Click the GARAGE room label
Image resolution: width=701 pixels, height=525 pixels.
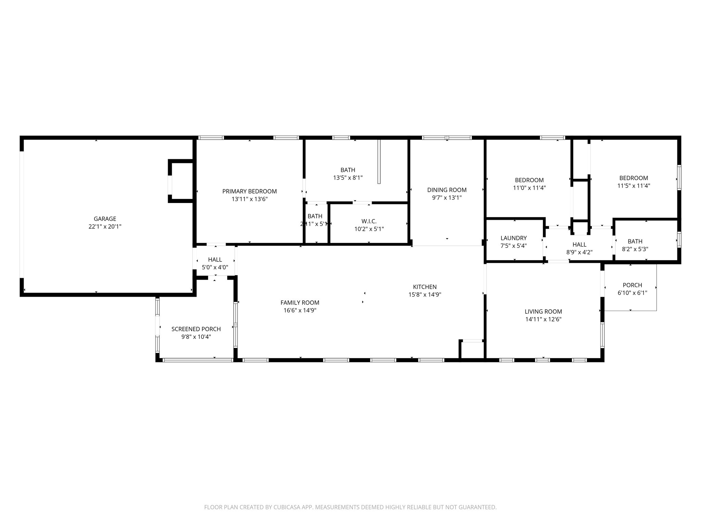(105, 219)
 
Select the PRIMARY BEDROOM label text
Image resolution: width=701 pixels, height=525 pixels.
(250, 191)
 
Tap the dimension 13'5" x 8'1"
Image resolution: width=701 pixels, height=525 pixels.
(348, 178)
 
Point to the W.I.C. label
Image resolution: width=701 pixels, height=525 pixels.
(369, 221)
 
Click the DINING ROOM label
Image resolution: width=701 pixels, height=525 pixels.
(447, 190)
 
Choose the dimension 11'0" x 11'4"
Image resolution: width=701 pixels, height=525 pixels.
(529, 188)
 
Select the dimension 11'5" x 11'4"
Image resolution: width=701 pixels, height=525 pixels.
(634, 186)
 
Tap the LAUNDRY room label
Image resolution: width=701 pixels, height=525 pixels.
(513, 238)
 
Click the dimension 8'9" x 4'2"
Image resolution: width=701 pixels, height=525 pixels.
(579, 252)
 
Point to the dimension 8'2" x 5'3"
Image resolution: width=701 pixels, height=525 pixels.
(635, 249)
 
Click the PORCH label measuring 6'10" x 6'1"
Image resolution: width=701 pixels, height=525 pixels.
(632, 285)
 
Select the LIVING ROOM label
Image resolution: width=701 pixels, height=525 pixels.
(543, 311)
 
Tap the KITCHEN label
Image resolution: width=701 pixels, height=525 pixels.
(425, 287)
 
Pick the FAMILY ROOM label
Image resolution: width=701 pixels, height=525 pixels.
(300, 302)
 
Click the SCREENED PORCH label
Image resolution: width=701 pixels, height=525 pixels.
(196, 329)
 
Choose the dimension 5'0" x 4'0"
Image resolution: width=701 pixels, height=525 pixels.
(215, 267)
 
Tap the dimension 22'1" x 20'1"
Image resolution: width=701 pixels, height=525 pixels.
(105, 226)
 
